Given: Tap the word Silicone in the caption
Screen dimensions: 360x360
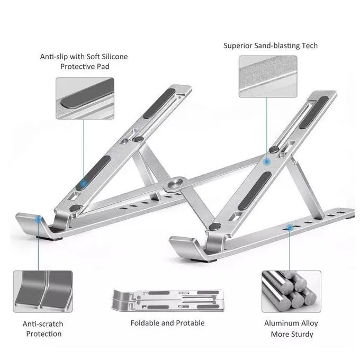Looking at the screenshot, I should pyautogui.click(x=112, y=56).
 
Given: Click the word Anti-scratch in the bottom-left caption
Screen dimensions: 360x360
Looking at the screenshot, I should pyautogui.click(x=43, y=323).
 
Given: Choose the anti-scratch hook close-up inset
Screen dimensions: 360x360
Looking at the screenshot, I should pyautogui.click(x=43, y=291).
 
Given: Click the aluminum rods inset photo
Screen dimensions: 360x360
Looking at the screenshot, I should pyautogui.click(x=291, y=291).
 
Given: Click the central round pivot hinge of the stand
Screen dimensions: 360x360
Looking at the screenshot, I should pyautogui.click(x=175, y=184).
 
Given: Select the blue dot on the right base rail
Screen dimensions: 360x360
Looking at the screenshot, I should pyautogui.click(x=290, y=228).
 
